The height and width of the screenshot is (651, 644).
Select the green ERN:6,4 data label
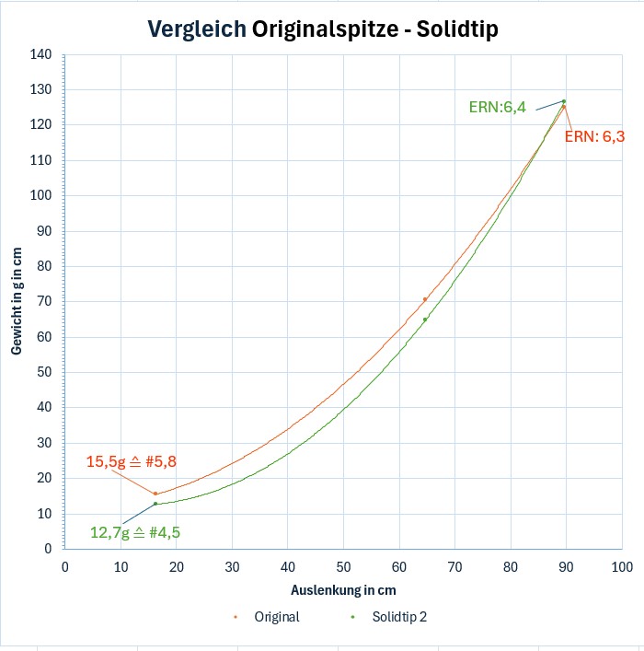[497, 108]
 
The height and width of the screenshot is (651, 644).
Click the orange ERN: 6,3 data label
[594, 136]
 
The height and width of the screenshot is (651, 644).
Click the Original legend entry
[276, 617]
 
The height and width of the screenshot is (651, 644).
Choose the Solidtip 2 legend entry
[398, 617]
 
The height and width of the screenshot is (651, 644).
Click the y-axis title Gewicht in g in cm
[17, 301]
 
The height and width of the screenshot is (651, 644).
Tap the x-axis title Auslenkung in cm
[343, 589]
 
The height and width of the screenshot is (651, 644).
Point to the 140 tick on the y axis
[41, 54]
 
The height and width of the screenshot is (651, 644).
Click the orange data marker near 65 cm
[424, 299]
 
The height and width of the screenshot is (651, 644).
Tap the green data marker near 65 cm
[425, 320]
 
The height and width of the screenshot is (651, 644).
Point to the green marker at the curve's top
[563, 101]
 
